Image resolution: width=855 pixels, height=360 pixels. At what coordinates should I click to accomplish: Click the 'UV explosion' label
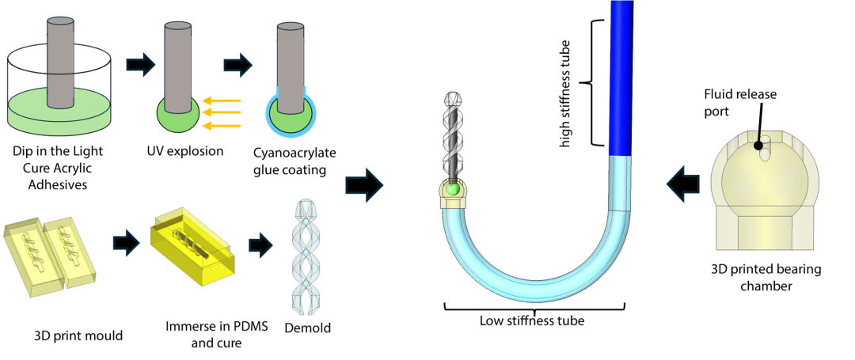(185, 150)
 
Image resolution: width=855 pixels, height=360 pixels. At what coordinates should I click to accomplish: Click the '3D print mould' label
(78, 335)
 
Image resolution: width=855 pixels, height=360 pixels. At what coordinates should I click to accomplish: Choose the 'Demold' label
(307, 328)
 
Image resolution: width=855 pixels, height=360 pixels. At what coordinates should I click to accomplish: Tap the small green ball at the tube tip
(452, 190)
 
